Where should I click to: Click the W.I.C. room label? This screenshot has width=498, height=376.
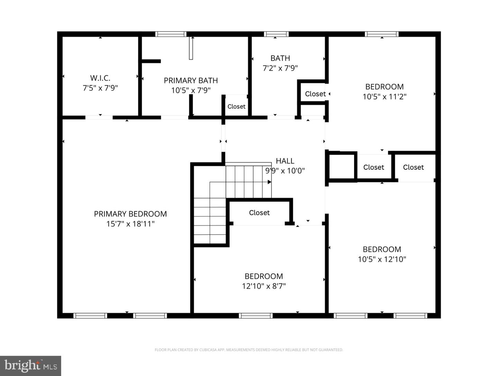point(100,78)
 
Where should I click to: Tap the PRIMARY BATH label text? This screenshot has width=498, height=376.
point(191,81)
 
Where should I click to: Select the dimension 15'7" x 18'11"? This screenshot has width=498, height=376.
point(130,224)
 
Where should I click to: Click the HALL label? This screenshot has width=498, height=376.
point(285,161)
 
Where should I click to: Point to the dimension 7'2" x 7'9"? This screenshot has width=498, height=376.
point(280,68)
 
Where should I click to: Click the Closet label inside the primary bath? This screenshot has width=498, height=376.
point(236,107)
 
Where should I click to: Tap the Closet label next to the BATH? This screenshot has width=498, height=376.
point(315,94)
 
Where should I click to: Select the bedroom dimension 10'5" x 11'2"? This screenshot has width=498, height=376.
point(384,96)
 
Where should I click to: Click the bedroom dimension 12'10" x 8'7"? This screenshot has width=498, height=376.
point(264,286)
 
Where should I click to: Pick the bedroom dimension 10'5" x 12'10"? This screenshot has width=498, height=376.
point(382,259)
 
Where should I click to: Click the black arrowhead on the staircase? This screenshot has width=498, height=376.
point(269,182)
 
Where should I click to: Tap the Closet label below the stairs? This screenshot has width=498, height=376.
point(259,213)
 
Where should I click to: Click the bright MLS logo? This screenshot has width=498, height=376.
point(30,366)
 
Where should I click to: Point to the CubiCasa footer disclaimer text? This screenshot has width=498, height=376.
point(249,350)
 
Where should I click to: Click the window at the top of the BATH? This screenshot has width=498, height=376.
point(276,34)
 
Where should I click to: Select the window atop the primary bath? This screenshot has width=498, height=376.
point(171,34)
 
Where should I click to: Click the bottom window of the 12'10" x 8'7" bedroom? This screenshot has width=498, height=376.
point(256,315)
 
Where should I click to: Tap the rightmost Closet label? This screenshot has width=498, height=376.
point(413,167)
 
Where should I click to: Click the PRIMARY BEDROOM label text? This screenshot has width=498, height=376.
point(130,214)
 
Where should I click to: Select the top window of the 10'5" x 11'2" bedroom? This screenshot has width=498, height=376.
point(382,34)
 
